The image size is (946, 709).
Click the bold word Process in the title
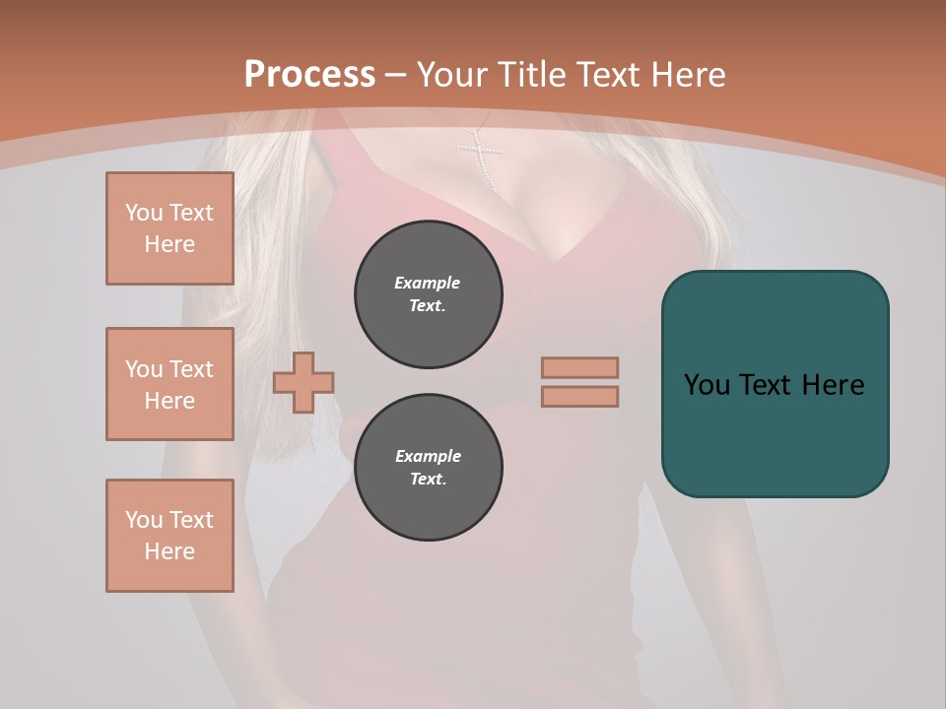(x=309, y=75)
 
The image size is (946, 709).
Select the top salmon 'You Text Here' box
(x=169, y=228)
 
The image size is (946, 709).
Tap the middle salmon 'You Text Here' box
(x=169, y=384)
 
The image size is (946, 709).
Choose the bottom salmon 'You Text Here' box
(x=169, y=536)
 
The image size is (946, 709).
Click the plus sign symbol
(x=304, y=382)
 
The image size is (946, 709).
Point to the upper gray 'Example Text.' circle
(x=429, y=294)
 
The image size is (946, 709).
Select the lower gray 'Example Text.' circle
(x=429, y=468)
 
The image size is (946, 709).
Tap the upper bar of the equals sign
(x=579, y=367)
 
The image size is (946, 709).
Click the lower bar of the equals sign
(x=579, y=396)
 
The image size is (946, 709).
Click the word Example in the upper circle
(x=428, y=283)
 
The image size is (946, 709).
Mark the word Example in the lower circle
(x=428, y=456)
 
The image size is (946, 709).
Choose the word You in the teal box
(x=707, y=385)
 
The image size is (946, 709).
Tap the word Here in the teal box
(x=834, y=385)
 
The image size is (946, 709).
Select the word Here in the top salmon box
(x=169, y=244)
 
